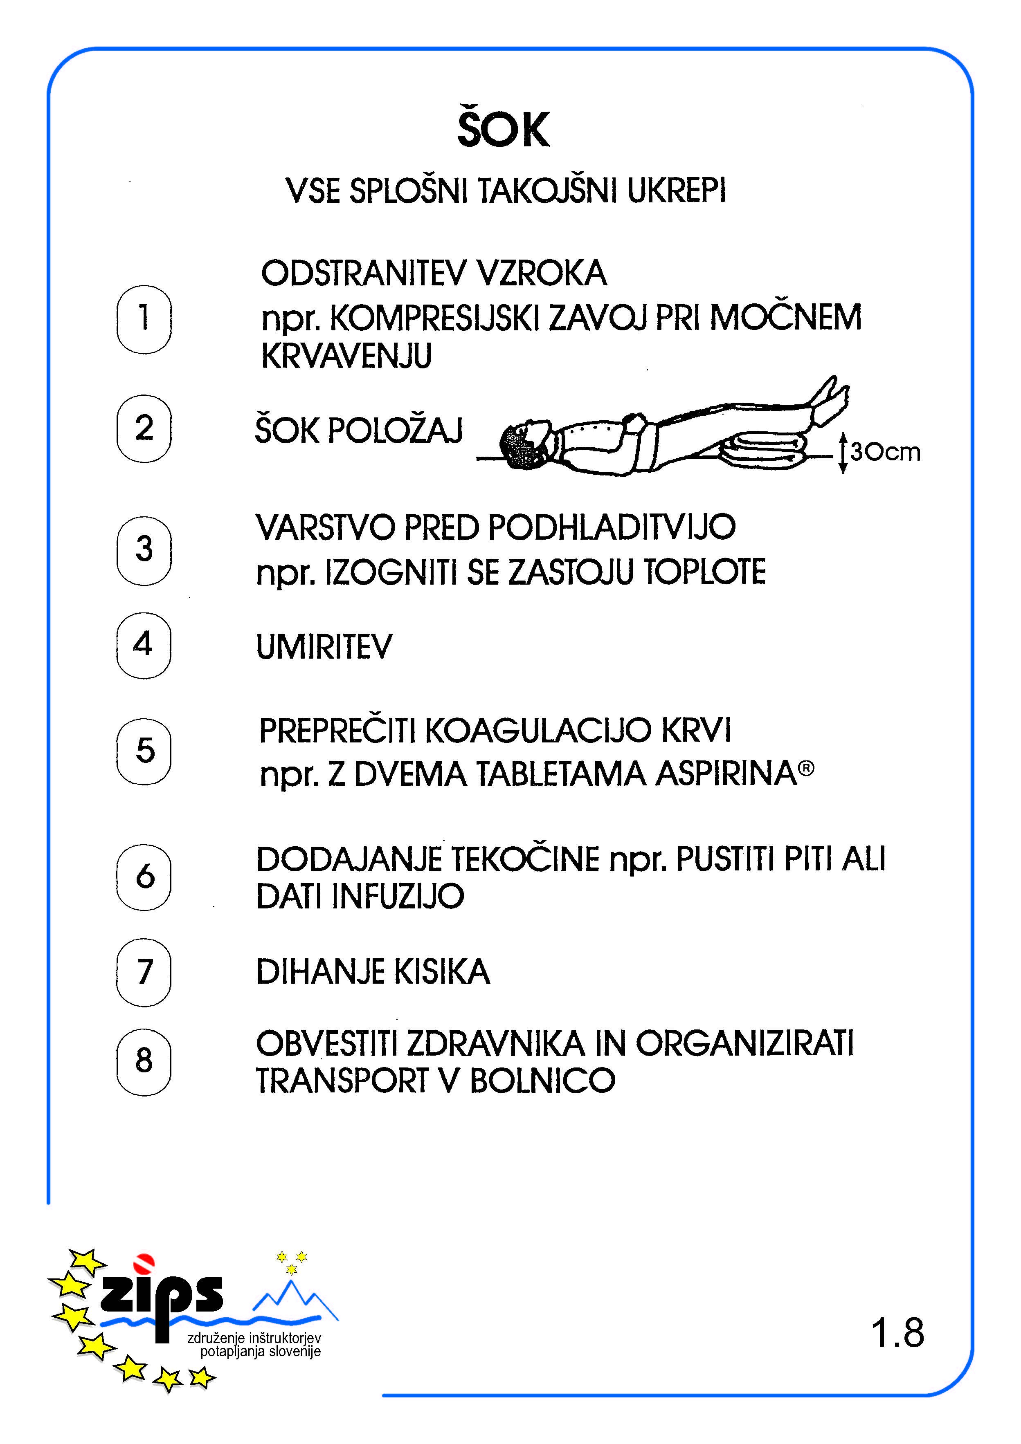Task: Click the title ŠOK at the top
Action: [503, 129]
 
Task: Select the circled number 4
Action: [144, 645]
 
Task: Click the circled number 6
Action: [144, 877]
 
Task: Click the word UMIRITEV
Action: [324, 646]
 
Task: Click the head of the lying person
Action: [525, 444]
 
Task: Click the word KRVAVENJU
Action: [346, 357]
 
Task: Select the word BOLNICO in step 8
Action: [542, 1081]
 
